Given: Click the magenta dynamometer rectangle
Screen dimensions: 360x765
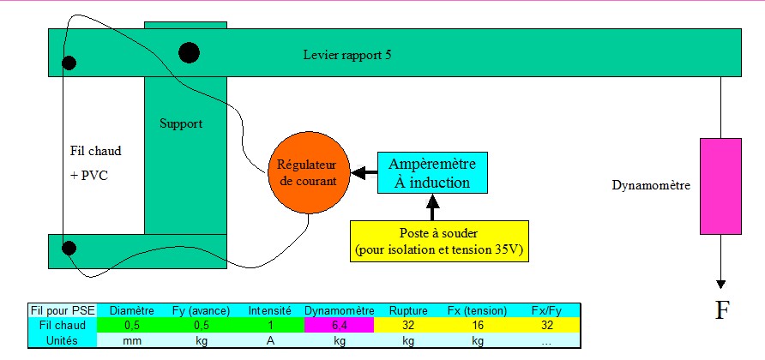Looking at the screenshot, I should click(x=720, y=185).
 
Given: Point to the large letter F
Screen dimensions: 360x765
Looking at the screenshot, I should click(x=722, y=310).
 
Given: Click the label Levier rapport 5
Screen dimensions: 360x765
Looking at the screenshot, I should click(x=347, y=55).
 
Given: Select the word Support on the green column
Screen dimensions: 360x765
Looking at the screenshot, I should click(x=181, y=123).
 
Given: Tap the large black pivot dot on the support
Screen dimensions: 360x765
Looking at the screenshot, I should click(x=189, y=53).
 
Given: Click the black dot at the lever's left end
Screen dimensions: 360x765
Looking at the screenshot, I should click(x=69, y=63).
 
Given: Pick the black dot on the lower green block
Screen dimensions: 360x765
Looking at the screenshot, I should click(x=69, y=249).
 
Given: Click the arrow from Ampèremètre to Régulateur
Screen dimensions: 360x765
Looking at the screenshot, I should click(x=364, y=172).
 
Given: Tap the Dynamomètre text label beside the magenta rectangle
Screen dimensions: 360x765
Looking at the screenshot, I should click(x=652, y=184).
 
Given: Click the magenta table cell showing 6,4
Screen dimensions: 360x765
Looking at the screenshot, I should click(x=338, y=325).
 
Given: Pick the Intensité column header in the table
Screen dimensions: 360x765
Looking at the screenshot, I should click(x=270, y=310).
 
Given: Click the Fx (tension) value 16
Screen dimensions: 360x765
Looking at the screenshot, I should click(x=477, y=325).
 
